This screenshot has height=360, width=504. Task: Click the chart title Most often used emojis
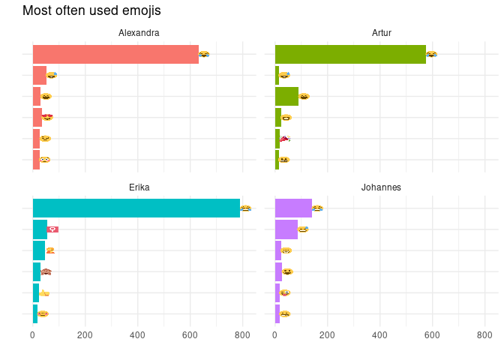point(91,11)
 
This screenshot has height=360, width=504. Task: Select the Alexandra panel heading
point(139,33)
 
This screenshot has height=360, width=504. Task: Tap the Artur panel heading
point(382,33)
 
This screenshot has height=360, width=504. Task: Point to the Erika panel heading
point(139,187)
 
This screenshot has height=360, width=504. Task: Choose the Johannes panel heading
point(382,187)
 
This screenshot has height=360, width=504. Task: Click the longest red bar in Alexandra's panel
point(115,54)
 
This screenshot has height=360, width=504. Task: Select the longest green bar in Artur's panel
point(350,54)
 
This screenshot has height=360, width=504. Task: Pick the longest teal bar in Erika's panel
point(136,208)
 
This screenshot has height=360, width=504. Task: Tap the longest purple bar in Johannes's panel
point(293,208)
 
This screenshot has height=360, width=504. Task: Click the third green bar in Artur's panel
point(286,96)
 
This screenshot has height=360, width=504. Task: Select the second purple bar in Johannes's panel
point(286,229)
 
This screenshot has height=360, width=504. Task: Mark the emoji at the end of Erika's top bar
point(245,208)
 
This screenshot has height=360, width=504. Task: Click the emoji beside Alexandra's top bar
point(204,54)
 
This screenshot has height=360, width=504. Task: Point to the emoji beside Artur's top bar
point(431,54)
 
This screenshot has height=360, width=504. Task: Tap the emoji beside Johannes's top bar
point(317,208)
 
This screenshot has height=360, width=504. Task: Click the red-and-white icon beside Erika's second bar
point(52,229)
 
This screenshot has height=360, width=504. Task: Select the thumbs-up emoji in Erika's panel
point(44,293)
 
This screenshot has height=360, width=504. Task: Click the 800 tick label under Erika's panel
point(242,336)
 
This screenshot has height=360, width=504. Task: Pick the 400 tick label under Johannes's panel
point(379,336)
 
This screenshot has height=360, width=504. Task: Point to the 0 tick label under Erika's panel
point(32,336)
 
